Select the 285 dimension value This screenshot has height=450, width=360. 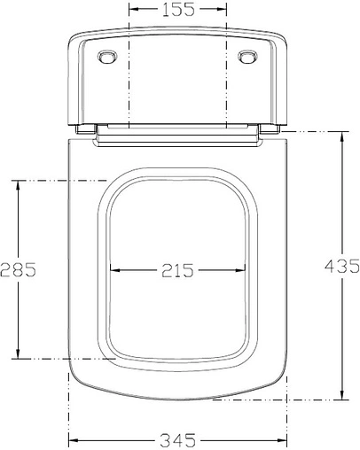click(x=18, y=270)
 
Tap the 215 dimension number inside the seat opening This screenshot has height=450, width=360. click(x=177, y=270)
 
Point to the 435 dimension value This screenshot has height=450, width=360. click(x=341, y=265)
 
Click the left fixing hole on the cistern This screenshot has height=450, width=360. click(x=107, y=58)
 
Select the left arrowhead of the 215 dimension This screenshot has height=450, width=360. click(x=112, y=270)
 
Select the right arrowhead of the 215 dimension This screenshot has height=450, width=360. click(x=244, y=270)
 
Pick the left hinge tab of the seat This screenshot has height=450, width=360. click(x=86, y=129)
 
